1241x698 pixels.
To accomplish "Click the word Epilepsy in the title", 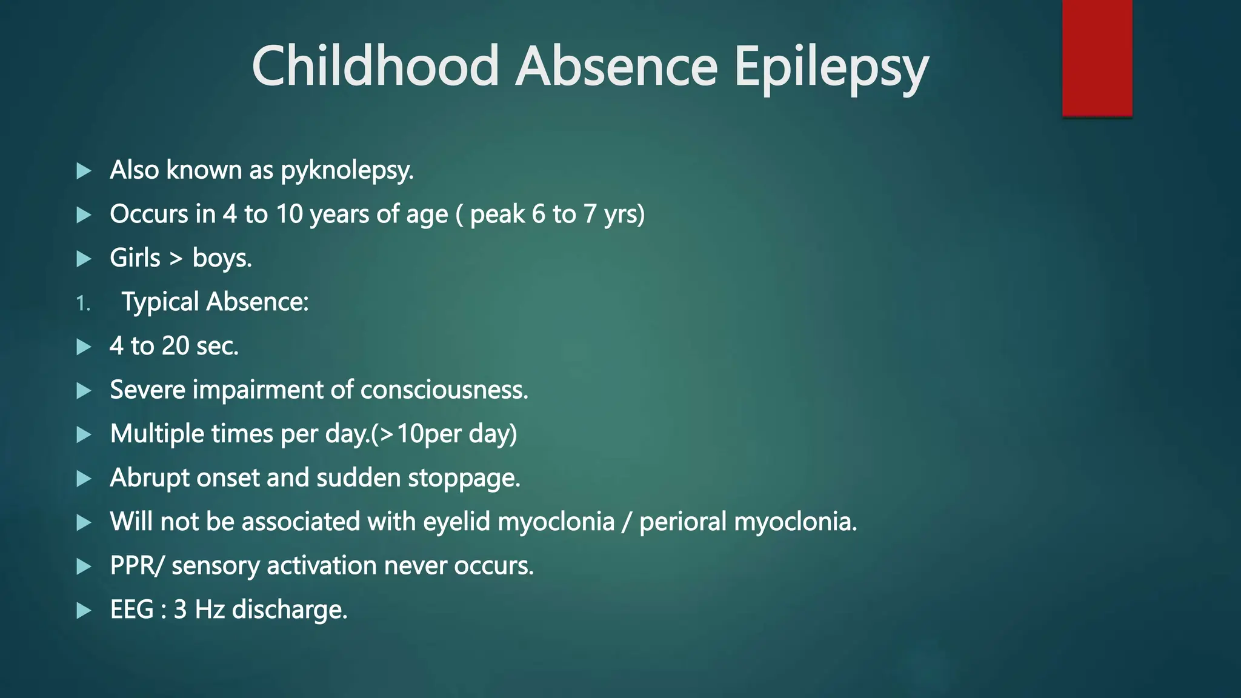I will pyautogui.click(x=831, y=67).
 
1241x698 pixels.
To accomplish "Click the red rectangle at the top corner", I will pyautogui.click(x=1097, y=58).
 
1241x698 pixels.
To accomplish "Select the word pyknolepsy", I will pyautogui.click(x=347, y=171).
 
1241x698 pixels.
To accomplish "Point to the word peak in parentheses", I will pyautogui.click(x=497, y=214).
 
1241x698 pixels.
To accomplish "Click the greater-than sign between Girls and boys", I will pyautogui.click(x=176, y=259).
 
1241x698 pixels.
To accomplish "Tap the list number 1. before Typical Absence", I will pyautogui.click(x=83, y=304).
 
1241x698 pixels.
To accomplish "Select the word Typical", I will pyautogui.click(x=161, y=302).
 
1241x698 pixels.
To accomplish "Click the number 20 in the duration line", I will pyautogui.click(x=175, y=346).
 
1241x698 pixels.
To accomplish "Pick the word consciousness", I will pyautogui.click(x=444, y=390).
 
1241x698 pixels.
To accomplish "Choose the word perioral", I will pyautogui.click(x=683, y=522).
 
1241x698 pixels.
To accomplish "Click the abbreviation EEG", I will pyautogui.click(x=131, y=610).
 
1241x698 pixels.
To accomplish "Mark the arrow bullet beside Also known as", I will pyautogui.click(x=84, y=171).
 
